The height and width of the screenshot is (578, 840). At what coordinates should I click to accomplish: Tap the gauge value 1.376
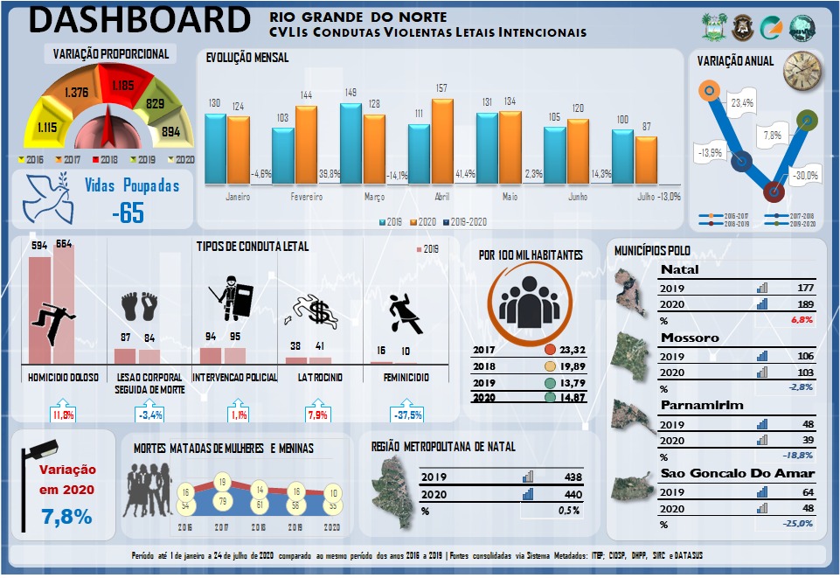77,92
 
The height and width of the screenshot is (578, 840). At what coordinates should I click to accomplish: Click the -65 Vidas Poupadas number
128,212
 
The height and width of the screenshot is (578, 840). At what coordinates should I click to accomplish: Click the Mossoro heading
690,338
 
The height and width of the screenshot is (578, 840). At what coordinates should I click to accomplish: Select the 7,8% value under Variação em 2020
66,517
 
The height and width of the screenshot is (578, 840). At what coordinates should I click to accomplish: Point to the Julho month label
646,197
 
